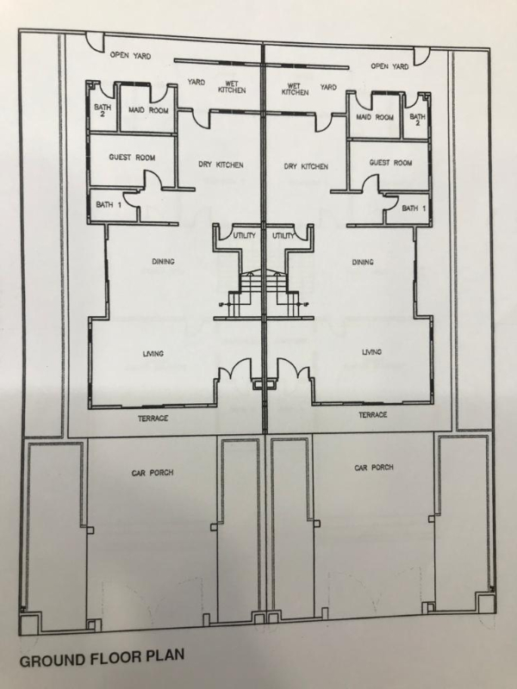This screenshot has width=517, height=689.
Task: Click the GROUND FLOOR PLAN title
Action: pyautogui.click(x=102, y=658)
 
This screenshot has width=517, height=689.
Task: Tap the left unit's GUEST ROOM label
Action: pyautogui.click(x=132, y=158)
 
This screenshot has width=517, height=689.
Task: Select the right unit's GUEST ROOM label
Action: pyautogui.click(x=390, y=163)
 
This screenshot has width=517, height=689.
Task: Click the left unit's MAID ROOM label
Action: pyautogui.click(x=148, y=110)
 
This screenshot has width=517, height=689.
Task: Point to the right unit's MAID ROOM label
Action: pyautogui.click(x=375, y=117)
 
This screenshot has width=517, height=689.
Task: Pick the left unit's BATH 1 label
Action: pyautogui.click(x=109, y=204)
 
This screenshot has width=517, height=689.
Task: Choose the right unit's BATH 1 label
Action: pyautogui.click(x=414, y=208)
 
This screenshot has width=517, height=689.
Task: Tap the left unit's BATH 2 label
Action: pyautogui.click(x=103, y=110)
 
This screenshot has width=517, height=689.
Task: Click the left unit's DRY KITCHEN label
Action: pyautogui.click(x=221, y=164)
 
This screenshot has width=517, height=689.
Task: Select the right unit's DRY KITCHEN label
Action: pyautogui.click(x=306, y=166)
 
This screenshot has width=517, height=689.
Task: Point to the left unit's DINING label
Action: pyautogui.click(x=163, y=262)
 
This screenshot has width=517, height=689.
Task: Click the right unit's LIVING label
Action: pyautogui.click(x=371, y=352)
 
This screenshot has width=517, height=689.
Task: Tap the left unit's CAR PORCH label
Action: pyautogui.click(x=153, y=473)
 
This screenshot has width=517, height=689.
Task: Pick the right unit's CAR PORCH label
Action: pyautogui.click(x=374, y=468)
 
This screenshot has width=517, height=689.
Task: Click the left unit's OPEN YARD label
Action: pyautogui.click(x=130, y=56)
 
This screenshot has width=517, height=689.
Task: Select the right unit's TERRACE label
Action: pyautogui.click(x=373, y=415)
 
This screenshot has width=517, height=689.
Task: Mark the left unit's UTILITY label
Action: pyautogui.click(x=244, y=236)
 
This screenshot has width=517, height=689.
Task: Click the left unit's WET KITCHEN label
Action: pyautogui.click(x=232, y=87)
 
